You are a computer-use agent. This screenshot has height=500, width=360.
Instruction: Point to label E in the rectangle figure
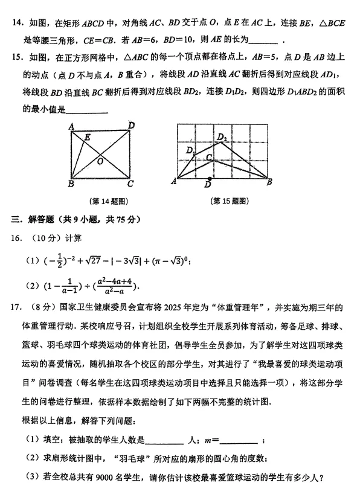point(88,138)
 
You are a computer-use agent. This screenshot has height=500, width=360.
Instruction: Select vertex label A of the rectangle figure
point(71,126)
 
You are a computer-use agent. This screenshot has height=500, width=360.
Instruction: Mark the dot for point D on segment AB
point(210,179)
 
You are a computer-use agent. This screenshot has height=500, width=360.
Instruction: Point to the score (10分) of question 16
point(41,237)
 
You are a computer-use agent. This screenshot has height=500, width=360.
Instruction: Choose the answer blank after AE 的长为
point(263,42)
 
